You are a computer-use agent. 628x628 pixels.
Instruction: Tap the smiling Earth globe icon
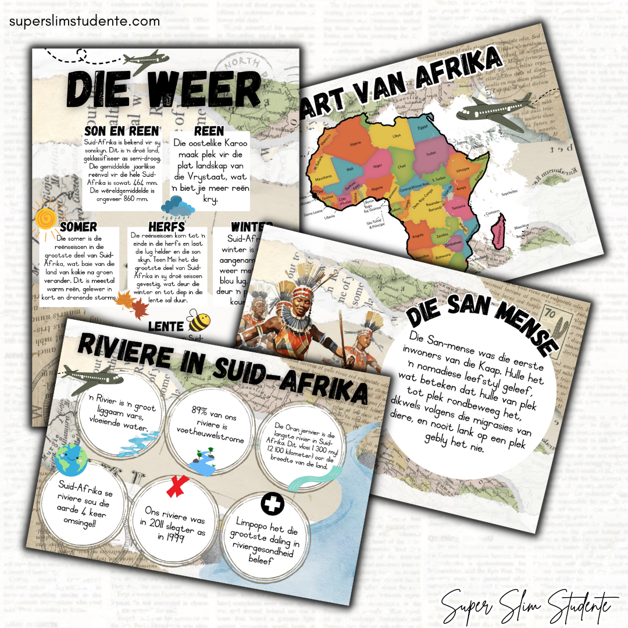(70, 460)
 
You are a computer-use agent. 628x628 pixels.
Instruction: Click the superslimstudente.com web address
(84, 22)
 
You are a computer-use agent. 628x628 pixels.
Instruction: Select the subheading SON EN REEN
(121, 131)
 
